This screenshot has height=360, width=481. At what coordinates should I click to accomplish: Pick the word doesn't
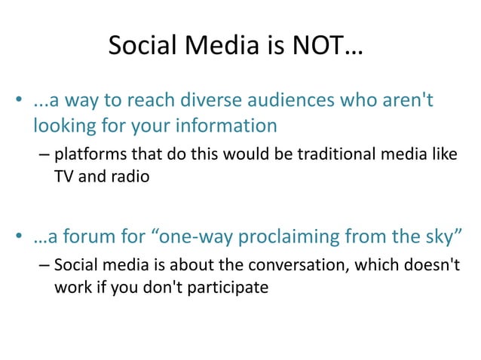pyautogui.click(x=420, y=267)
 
